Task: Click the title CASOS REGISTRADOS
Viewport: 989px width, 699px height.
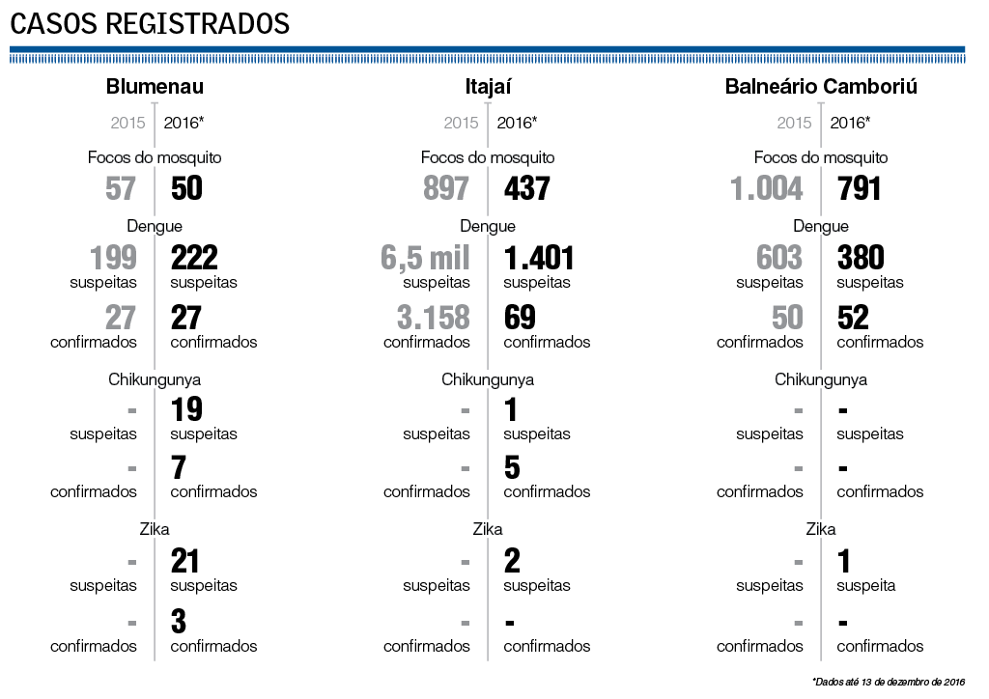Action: pyautogui.click(x=150, y=23)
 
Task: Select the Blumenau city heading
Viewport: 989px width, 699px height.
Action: pyautogui.click(x=155, y=87)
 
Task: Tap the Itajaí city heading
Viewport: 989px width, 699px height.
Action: pyautogui.click(x=488, y=87)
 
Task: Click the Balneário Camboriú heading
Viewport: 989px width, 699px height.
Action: pyautogui.click(x=821, y=87)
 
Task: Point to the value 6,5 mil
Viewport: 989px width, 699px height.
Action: pyautogui.click(x=425, y=258)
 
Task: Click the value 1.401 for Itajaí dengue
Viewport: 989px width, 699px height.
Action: pyautogui.click(x=539, y=258)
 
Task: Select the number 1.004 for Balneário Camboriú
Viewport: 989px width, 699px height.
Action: pyautogui.click(x=767, y=188)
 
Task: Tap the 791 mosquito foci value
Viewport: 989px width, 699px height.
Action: pyautogui.click(x=860, y=188)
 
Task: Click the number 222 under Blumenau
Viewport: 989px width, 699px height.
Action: pyautogui.click(x=194, y=258)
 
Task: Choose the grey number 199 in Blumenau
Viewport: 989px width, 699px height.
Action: pyautogui.click(x=113, y=258)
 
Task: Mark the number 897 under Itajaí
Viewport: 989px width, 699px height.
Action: pyautogui.click(x=446, y=188)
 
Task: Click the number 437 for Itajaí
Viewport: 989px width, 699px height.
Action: pyautogui.click(x=527, y=188)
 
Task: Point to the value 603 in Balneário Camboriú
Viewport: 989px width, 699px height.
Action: pyautogui.click(x=779, y=258)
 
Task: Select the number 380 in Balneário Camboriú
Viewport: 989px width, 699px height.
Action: pyautogui.click(x=862, y=258)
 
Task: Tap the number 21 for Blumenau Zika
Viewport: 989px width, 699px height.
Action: pyautogui.click(x=185, y=560)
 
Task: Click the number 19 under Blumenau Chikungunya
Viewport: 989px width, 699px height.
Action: pyautogui.click(x=186, y=409)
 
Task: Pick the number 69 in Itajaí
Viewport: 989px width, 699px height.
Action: pyautogui.click(x=520, y=318)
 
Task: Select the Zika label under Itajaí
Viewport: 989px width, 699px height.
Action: pyautogui.click(x=488, y=529)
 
